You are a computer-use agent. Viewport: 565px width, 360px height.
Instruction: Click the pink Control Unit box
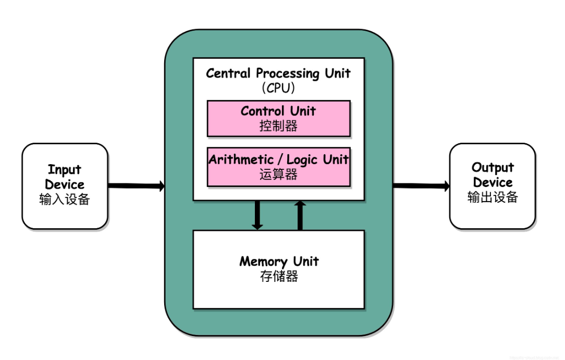coord(278,119)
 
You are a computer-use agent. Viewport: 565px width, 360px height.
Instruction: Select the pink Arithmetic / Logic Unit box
coord(278,167)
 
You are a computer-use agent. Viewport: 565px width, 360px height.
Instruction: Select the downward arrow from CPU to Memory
coord(257,215)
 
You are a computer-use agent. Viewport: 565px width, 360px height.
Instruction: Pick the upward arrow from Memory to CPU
coord(300,215)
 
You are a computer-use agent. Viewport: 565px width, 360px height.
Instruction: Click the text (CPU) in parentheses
coord(278,88)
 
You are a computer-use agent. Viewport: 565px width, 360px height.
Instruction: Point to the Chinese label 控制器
coord(278,126)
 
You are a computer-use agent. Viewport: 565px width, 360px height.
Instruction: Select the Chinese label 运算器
coord(278,175)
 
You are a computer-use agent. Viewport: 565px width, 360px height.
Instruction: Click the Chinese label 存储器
coord(279,276)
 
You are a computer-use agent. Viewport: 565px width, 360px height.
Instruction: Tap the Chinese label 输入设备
coord(65,200)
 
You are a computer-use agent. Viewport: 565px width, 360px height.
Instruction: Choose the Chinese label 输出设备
coord(493,197)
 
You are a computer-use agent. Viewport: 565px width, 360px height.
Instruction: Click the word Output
coord(493,168)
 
